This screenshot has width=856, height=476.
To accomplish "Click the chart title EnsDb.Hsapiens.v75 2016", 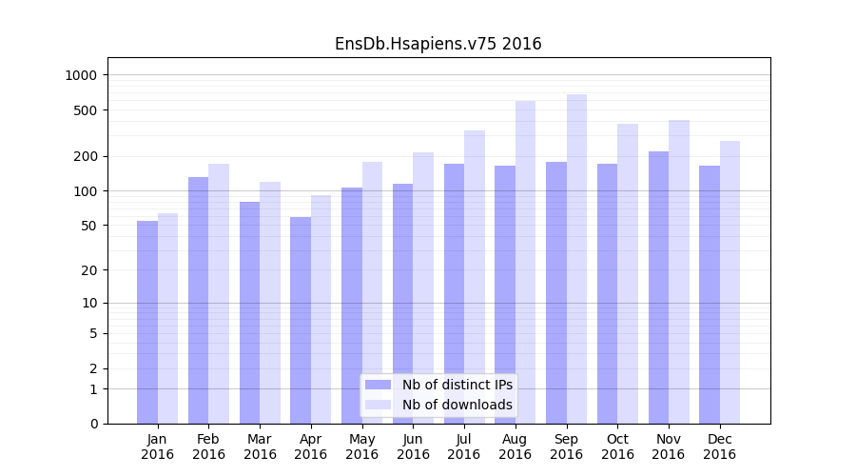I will [438, 44].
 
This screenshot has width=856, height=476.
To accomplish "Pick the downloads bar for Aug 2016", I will [525, 262].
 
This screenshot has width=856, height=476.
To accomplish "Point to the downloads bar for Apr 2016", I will [321, 309].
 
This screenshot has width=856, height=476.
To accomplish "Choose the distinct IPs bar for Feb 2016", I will [198, 300].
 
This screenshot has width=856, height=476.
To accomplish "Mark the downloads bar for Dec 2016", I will [730, 282].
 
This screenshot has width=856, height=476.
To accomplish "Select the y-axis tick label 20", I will [88, 270].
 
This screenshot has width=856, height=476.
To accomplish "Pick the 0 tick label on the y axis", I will [93, 424].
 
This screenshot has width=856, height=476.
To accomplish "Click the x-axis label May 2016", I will [361, 446].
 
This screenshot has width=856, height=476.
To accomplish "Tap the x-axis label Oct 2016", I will [617, 446].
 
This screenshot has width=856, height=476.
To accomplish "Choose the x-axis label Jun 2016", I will [413, 446].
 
